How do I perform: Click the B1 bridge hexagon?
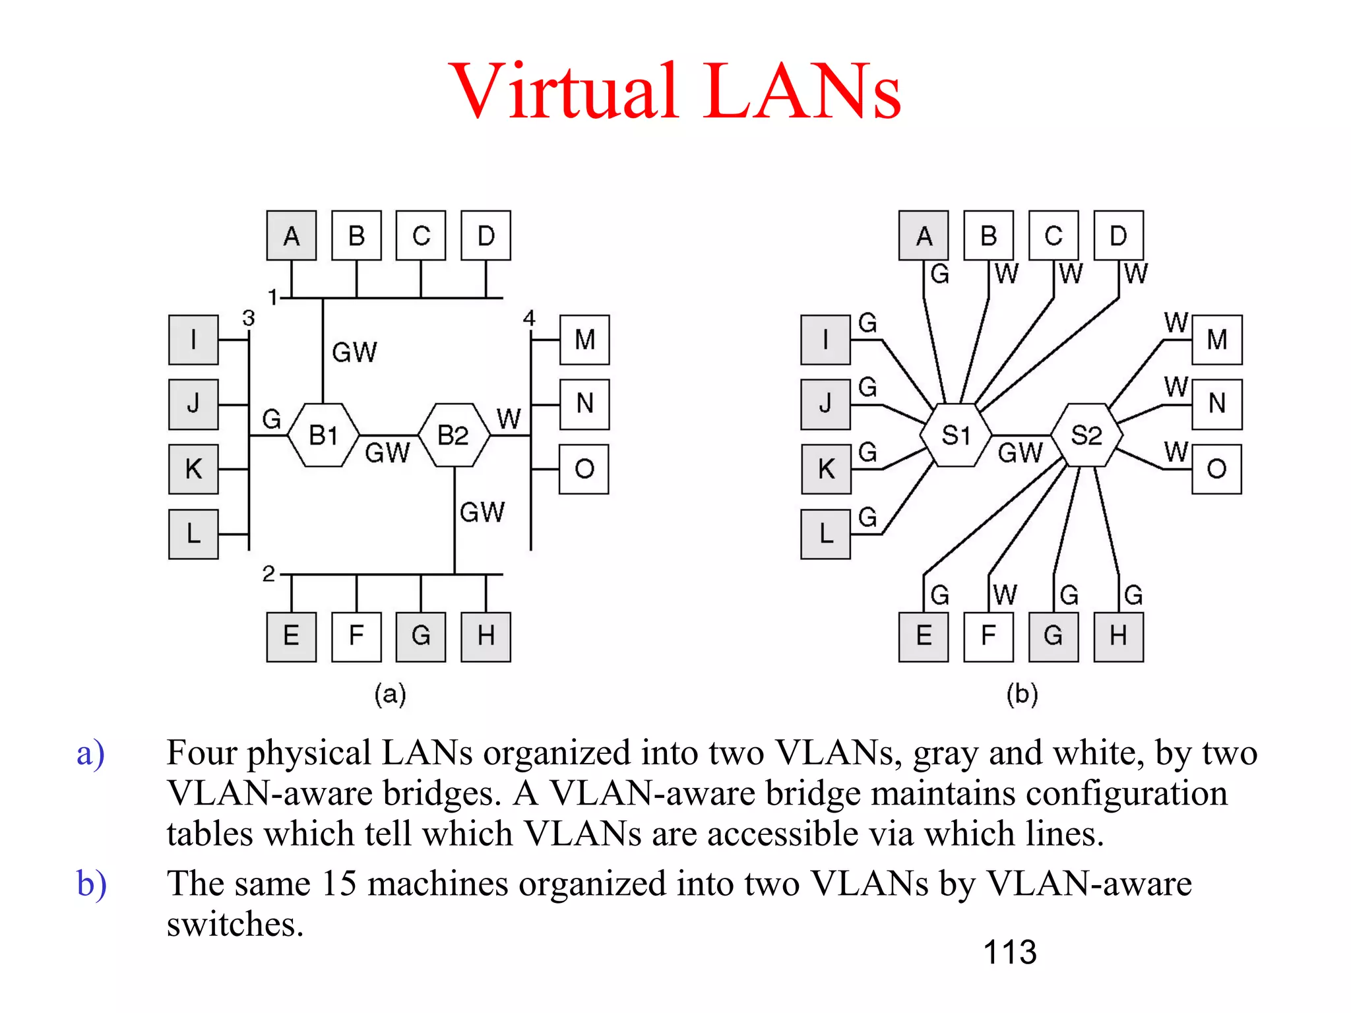[323, 435]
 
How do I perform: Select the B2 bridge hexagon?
[454, 435]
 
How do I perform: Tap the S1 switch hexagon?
[956, 435]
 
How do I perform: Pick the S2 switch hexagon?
[1086, 435]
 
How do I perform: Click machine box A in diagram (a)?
[291, 235]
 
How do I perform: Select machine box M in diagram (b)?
[1216, 340]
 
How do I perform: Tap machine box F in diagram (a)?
[356, 636]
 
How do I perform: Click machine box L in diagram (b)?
[825, 534]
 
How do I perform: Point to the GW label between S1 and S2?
[1020, 453]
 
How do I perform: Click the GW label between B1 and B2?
[387, 453]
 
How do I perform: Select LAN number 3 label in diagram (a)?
[248, 318]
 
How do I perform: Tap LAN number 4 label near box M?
[529, 318]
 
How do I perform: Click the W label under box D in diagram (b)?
[1135, 273]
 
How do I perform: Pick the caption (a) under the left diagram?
[390, 694]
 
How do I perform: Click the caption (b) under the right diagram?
[1022, 694]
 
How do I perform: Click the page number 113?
[1009, 952]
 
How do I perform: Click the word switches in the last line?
[234, 924]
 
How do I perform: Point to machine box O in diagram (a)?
[584, 469]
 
